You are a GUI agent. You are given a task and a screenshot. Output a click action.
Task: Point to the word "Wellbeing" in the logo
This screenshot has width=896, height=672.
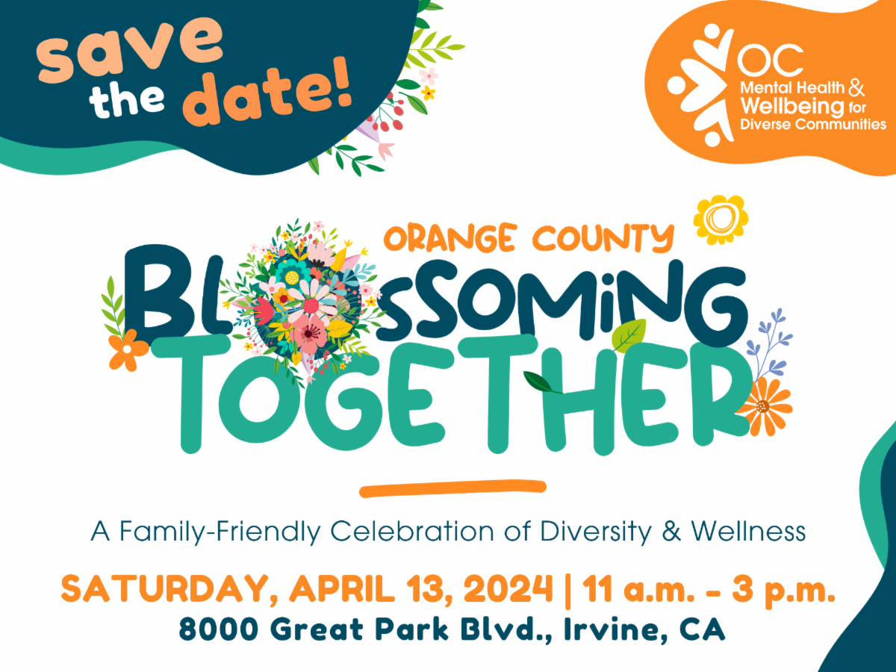click(780, 106)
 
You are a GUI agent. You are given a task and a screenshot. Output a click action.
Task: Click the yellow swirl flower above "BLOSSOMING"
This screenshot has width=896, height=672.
click(720, 218)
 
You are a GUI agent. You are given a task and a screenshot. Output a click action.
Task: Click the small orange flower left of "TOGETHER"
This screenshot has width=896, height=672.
click(128, 349)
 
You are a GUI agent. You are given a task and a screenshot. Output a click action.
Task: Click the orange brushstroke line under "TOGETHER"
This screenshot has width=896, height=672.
click(452, 488)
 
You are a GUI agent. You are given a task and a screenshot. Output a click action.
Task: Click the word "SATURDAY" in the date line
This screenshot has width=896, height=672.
click(167, 591)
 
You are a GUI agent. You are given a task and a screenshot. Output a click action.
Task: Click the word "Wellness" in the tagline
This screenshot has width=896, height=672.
click(747, 532)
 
